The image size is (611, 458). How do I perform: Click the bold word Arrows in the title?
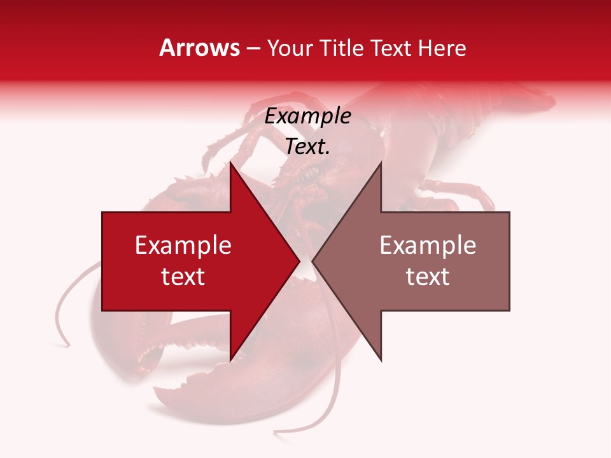[199, 48]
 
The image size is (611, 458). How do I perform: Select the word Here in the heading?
[442, 48]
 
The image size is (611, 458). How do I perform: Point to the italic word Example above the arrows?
[307, 116]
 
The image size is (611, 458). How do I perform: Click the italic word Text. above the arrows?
[307, 147]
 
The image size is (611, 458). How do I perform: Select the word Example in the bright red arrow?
[183, 246]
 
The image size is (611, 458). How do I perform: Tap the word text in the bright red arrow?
[183, 277]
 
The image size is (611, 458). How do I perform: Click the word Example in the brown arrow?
[428, 246]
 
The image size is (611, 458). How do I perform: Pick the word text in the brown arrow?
[428, 277]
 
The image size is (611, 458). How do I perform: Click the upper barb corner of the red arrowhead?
[230, 163]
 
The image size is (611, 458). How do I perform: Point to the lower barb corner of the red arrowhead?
[230, 359]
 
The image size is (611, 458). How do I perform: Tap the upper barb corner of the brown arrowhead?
[381, 163]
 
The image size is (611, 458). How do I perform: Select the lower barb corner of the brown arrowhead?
[381, 359]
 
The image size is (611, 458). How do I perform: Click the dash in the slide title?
[253, 49]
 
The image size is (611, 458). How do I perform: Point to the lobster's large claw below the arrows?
[191, 388]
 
